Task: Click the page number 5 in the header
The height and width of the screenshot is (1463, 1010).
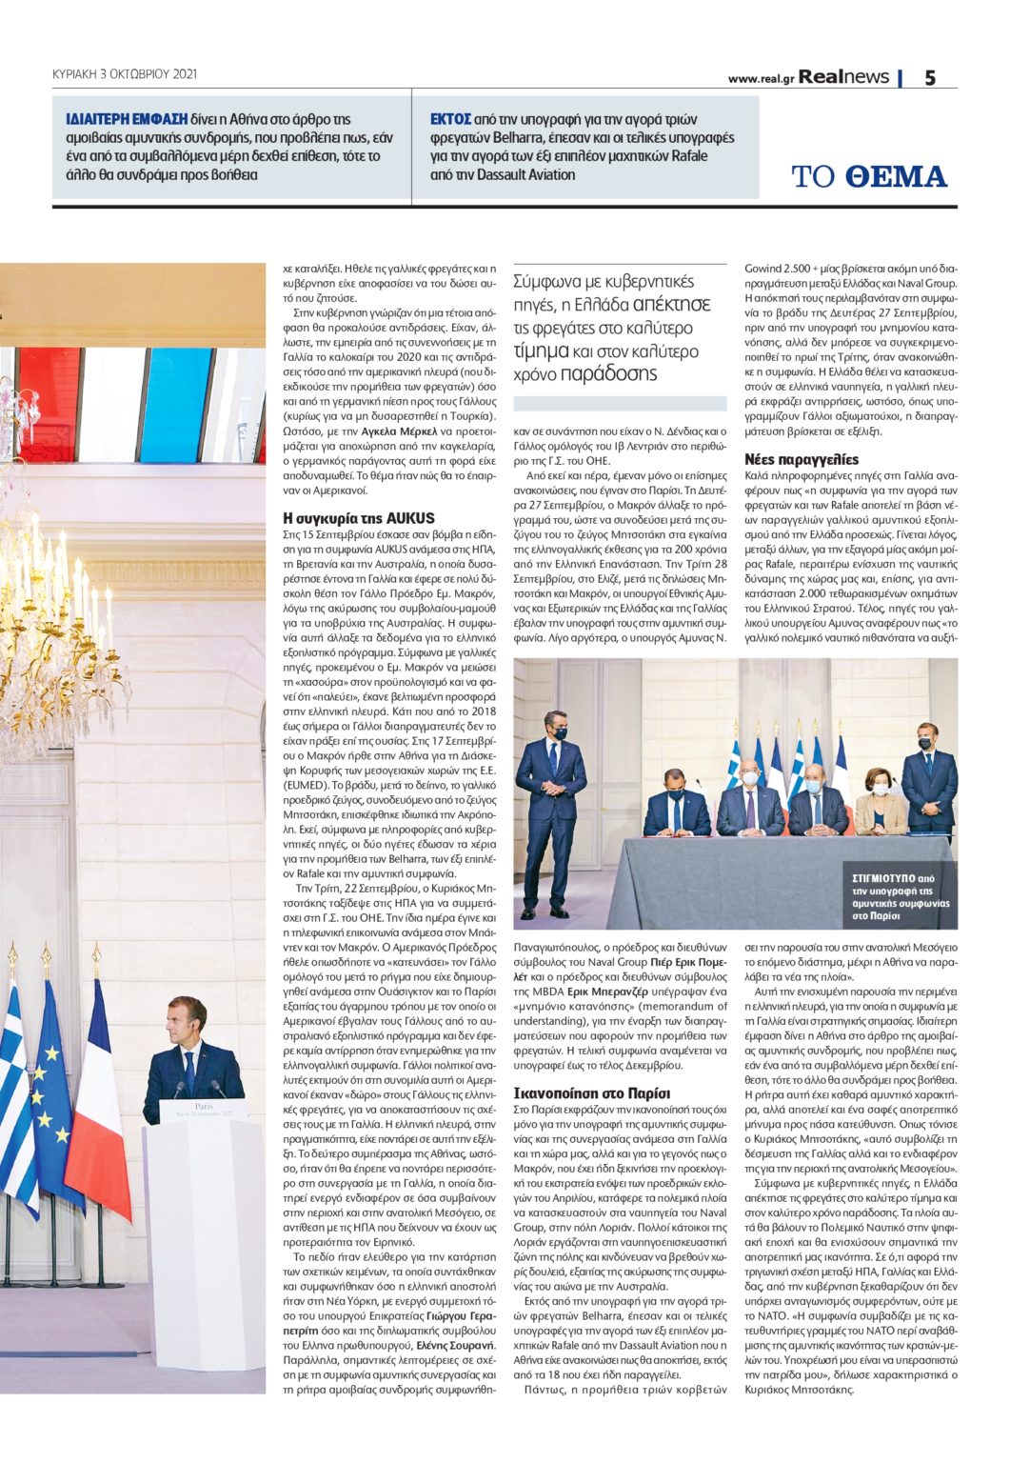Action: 929,78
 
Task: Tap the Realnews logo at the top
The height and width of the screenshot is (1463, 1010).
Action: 843,77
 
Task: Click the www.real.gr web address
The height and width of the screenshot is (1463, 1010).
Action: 761,79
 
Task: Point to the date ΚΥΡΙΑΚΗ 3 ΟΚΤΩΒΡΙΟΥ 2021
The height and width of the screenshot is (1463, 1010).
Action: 125,73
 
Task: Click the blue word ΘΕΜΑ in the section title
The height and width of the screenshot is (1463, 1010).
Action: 896,177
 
